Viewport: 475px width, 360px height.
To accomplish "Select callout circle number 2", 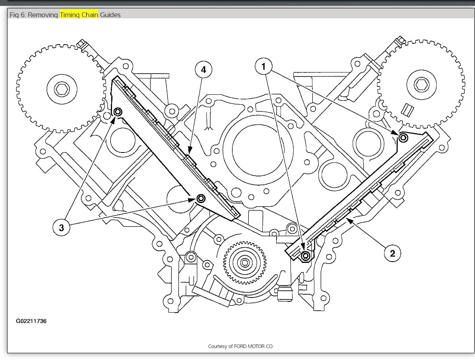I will (x=393, y=253).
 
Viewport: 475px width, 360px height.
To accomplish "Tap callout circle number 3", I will (x=61, y=227).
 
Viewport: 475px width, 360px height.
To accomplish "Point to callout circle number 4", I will (x=204, y=70).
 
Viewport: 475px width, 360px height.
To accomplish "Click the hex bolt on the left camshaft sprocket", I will (x=61, y=89).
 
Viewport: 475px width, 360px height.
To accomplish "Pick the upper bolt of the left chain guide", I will (x=118, y=112).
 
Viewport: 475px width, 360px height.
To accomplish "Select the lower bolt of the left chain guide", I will (x=200, y=198).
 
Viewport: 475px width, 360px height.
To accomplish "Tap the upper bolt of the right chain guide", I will (x=403, y=138).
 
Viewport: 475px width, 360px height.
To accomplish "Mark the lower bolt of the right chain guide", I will (x=306, y=256).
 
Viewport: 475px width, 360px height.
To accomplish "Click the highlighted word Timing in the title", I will (x=70, y=15).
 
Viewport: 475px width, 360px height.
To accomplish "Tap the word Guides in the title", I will (x=110, y=15).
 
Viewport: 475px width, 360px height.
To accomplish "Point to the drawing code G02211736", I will (x=31, y=321).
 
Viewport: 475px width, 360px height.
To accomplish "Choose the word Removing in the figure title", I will (x=43, y=15).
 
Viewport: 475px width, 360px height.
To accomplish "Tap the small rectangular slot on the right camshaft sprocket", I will (x=407, y=108).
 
